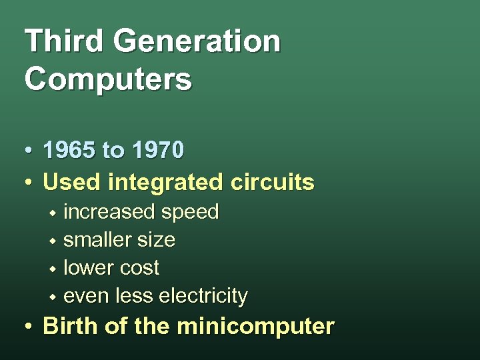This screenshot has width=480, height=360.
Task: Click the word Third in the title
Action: (x=62, y=41)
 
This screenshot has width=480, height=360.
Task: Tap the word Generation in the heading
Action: (x=197, y=41)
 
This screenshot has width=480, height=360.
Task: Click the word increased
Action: (x=109, y=212)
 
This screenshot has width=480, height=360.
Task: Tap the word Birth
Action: (x=69, y=327)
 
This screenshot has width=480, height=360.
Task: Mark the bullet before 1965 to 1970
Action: (x=29, y=152)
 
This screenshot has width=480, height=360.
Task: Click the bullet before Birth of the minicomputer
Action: (x=29, y=328)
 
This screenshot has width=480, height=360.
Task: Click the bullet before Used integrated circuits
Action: (x=29, y=182)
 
